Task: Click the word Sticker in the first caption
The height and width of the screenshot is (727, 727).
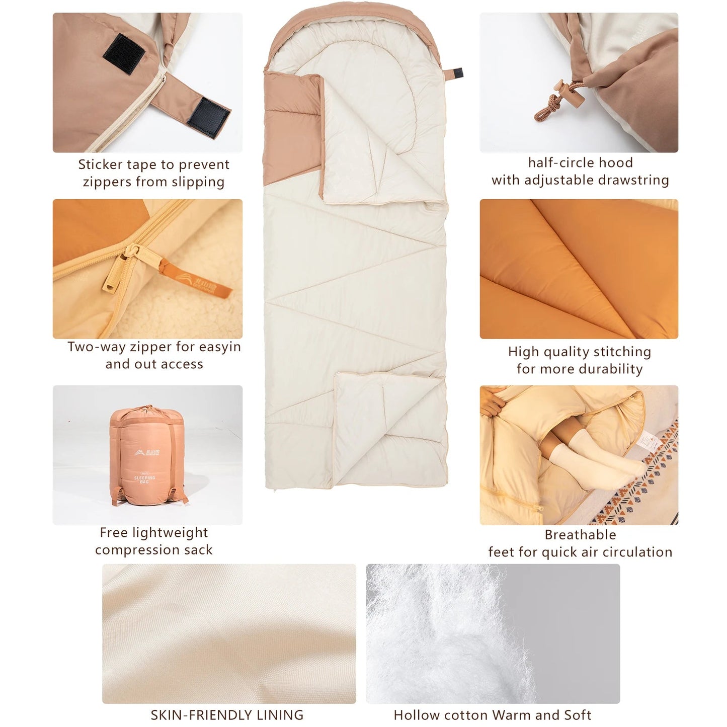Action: pyautogui.click(x=100, y=165)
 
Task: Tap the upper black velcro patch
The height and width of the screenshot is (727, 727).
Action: pyautogui.click(x=124, y=54)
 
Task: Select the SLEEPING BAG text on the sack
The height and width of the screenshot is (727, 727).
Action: pyautogui.click(x=144, y=479)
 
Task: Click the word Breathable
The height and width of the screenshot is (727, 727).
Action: pyautogui.click(x=580, y=535)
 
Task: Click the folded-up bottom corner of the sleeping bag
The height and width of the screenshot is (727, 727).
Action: pyautogui.click(x=387, y=423)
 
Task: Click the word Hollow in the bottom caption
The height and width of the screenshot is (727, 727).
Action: pyautogui.click(x=412, y=715)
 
